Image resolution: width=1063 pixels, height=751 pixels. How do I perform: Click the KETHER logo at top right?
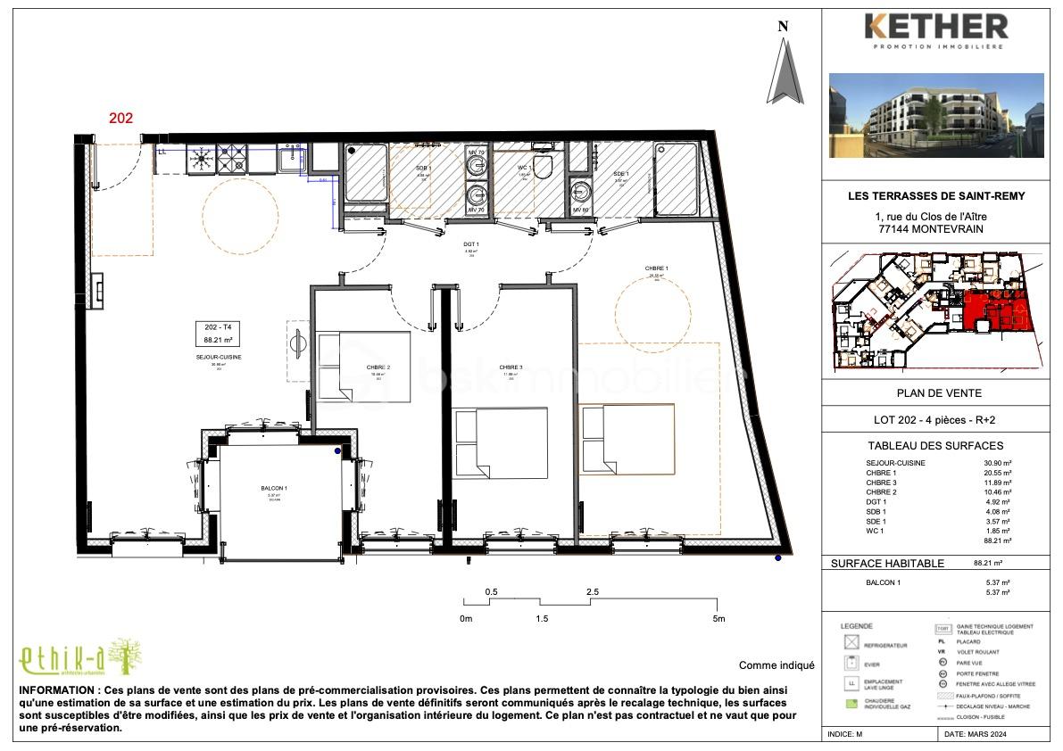pos(936,30)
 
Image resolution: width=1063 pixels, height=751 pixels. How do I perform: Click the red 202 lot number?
pos(121,117)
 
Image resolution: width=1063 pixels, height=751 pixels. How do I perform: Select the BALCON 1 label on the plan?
pos(273,489)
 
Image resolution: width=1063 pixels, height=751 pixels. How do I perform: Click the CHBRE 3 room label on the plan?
pos(511,367)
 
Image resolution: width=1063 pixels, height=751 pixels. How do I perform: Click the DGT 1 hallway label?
pos(471,244)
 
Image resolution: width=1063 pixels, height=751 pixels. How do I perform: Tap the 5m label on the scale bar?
pos(718,618)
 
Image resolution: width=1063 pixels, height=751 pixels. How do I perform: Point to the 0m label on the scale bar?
pos(465,618)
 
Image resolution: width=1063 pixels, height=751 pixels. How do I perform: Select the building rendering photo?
pos(936,115)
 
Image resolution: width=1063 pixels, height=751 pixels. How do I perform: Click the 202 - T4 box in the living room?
pos(219,334)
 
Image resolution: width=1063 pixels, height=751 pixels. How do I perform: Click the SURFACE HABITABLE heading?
pos(886,564)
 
